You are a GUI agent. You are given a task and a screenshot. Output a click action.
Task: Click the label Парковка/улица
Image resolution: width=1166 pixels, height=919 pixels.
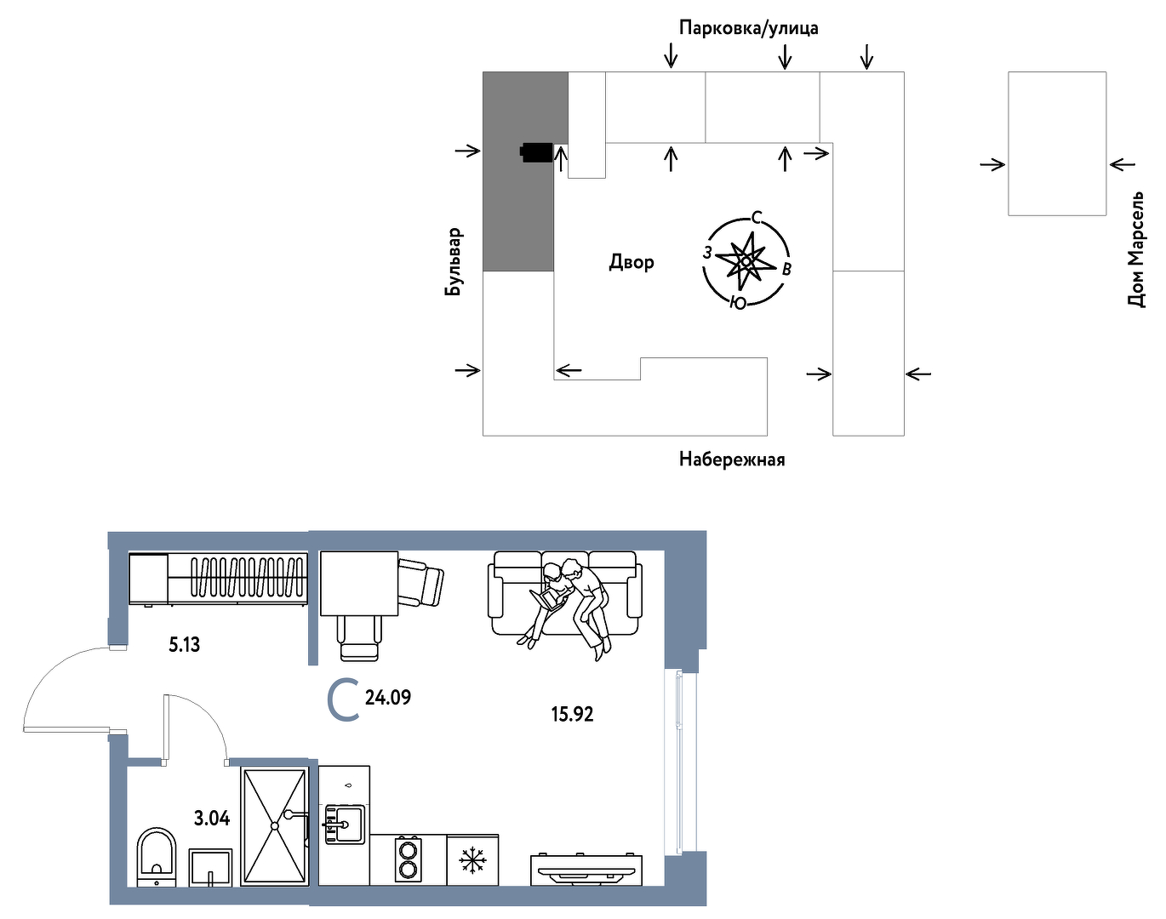click(x=748, y=27)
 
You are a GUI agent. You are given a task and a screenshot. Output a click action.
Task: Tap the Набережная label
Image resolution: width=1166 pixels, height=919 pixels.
click(x=732, y=459)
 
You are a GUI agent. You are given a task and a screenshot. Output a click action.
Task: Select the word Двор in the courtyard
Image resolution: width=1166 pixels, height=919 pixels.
click(x=632, y=262)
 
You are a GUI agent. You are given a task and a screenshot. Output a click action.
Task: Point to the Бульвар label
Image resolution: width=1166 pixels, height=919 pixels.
click(x=454, y=262)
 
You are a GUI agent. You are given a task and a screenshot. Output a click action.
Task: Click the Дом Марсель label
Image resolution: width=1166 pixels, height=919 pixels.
click(x=1136, y=249)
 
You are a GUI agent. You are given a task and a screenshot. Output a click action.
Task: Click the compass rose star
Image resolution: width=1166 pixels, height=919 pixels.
click(x=746, y=262)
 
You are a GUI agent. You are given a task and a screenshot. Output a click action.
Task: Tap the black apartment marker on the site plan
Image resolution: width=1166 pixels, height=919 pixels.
click(x=536, y=153)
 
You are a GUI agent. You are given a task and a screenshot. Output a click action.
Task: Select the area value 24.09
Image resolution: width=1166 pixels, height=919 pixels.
click(x=388, y=698)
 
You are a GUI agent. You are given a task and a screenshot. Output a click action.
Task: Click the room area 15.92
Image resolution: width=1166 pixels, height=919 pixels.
click(x=572, y=714)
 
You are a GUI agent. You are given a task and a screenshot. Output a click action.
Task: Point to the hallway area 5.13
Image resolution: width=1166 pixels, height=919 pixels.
click(x=184, y=645)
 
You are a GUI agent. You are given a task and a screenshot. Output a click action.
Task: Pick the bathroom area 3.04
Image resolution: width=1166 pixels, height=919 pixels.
click(x=212, y=818)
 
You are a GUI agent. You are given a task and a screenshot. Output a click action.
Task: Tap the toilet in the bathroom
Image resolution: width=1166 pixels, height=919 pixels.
click(x=157, y=857)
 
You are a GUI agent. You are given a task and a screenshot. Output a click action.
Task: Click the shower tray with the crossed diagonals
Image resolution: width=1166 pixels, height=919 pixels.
click(x=274, y=826)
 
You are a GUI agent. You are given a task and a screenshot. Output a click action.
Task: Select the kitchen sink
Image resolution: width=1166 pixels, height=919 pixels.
click(x=344, y=825)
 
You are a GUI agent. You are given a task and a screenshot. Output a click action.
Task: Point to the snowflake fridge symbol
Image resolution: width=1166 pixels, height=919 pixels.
click(x=472, y=860)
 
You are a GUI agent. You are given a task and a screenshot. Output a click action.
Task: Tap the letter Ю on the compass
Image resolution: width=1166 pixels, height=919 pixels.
click(x=737, y=302)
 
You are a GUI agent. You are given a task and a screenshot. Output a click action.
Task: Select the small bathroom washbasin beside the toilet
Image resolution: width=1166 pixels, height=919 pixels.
click(x=210, y=867)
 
